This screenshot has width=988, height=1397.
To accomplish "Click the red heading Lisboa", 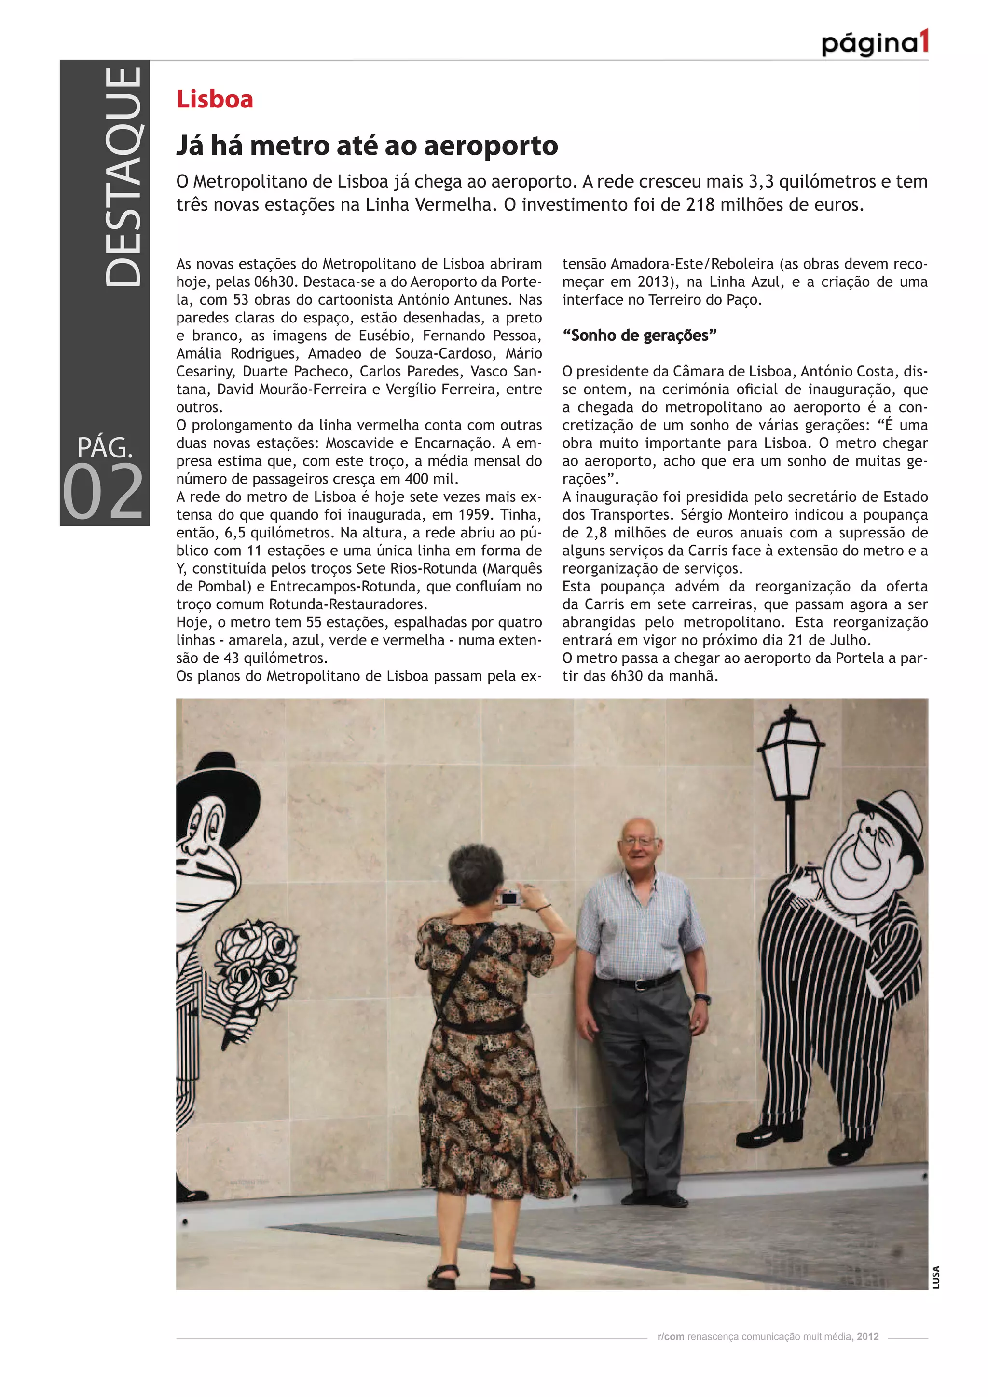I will coord(214,99).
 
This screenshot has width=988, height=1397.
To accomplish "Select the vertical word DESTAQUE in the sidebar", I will coord(123,176).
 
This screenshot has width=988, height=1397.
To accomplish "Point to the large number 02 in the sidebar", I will coord(104,492).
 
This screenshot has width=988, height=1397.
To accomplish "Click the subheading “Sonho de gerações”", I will coord(639,335).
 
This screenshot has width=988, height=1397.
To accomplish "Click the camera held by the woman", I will coord(509,898).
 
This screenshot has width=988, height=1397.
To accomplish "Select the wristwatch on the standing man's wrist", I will coord(702,998).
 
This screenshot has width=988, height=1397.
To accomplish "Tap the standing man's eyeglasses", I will coord(638,842).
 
